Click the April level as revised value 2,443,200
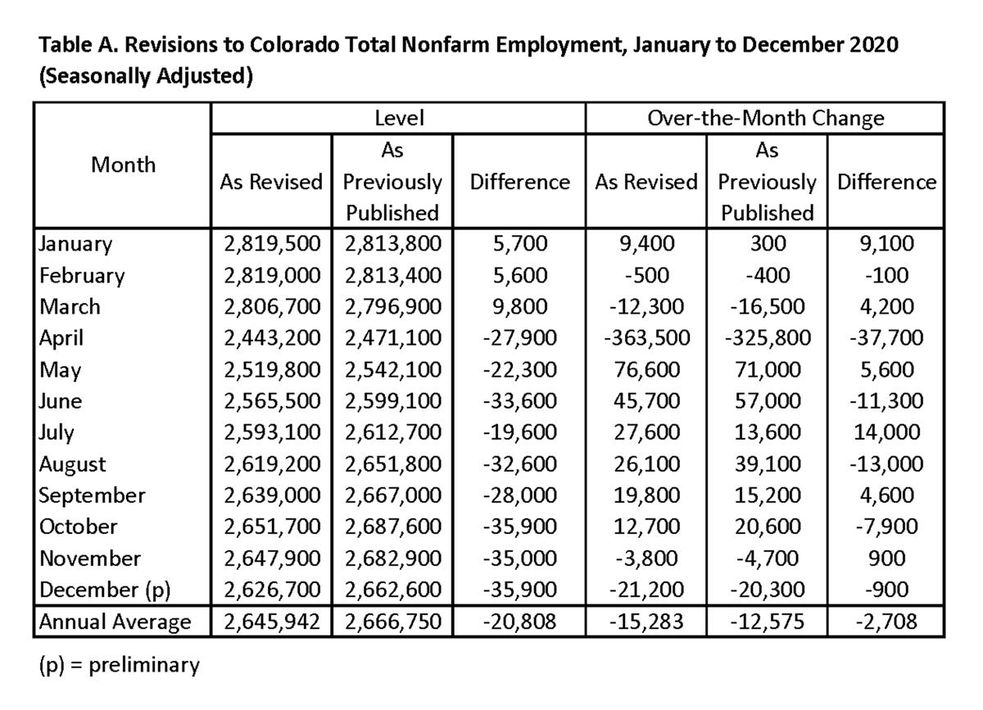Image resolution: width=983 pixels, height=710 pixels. (x=271, y=338)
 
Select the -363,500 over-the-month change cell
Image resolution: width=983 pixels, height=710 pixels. (x=646, y=338)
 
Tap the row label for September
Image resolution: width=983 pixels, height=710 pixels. (x=92, y=495)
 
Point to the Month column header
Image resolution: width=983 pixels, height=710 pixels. (x=123, y=165)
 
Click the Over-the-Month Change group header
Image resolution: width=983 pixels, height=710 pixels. (x=765, y=119)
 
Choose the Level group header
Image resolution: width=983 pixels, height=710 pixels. (x=399, y=119)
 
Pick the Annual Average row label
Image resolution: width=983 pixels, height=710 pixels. (x=116, y=622)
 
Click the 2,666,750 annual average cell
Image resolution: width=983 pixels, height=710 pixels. (x=392, y=622)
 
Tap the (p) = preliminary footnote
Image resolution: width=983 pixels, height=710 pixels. (x=119, y=665)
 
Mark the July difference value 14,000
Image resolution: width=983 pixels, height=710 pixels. (x=886, y=432)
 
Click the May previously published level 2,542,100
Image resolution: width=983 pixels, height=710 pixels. (x=392, y=369)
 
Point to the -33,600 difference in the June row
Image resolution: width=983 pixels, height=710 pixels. (x=519, y=401)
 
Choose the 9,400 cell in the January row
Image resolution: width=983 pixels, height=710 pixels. (x=646, y=243)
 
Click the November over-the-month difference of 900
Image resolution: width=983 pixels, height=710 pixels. (x=886, y=559)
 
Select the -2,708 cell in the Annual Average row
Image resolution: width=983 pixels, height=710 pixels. (x=886, y=622)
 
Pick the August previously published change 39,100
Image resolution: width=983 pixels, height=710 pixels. (x=767, y=464)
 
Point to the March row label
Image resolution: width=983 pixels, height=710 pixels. (x=70, y=306)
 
